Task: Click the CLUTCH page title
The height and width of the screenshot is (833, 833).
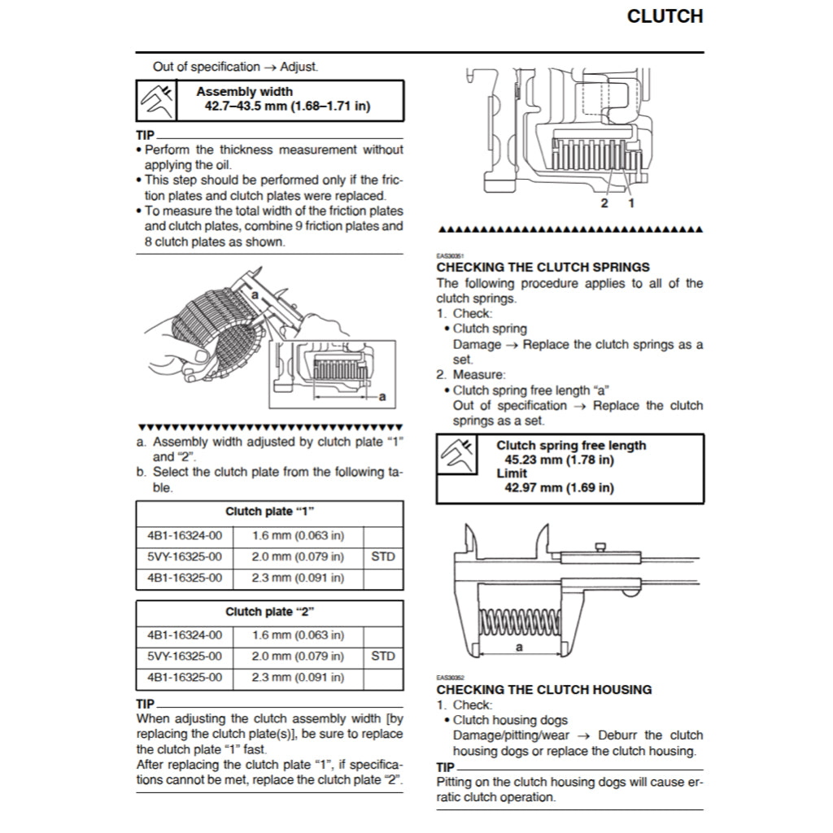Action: tap(665, 16)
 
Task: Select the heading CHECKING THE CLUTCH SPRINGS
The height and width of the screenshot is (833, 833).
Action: tap(543, 267)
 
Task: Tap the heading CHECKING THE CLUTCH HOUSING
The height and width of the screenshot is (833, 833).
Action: tap(544, 689)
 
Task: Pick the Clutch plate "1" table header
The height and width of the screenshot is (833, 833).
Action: tap(269, 512)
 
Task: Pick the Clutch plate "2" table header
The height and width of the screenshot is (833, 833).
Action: tap(269, 612)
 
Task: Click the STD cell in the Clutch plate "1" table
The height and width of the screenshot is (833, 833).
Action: tap(382, 557)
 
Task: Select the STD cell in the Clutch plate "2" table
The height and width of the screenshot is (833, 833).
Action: tap(382, 656)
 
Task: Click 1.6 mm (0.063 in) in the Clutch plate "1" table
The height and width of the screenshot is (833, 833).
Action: tap(298, 536)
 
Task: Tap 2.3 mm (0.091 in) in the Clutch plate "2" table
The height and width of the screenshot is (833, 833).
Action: tap(298, 677)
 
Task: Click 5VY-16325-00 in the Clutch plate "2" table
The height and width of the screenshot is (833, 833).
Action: tap(184, 656)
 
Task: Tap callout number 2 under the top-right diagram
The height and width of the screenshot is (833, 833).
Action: tap(604, 203)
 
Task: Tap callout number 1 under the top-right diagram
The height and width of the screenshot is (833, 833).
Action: tap(630, 203)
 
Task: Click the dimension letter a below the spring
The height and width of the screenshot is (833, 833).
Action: tap(519, 648)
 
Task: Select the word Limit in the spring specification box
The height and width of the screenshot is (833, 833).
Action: tap(512, 473)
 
